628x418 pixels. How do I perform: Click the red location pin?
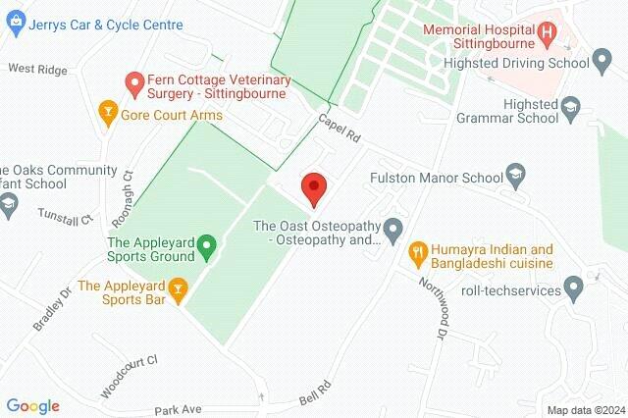313,187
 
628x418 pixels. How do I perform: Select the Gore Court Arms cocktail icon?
106,116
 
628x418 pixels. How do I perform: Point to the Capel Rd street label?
340,129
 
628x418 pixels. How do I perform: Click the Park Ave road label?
177,408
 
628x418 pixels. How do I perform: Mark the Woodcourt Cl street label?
129,375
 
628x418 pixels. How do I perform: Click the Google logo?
32,405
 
